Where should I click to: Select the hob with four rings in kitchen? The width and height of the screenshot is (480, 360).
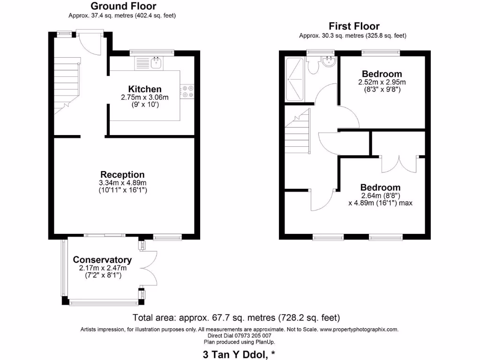[x=188, y=91]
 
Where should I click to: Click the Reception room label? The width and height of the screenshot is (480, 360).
[x=123, y=174]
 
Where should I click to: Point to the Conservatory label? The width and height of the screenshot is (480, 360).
[x=102, y=260]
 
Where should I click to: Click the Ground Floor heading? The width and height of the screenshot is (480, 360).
[x=123, y=6]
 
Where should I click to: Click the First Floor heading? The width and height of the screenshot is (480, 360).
[x=354, y=26]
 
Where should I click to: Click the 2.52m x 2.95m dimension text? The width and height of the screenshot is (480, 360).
[x=382, y=82]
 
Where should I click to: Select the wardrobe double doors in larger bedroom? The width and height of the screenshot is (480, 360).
[x=398, y=163]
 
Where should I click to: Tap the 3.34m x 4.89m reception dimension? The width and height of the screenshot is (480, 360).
[x=123, y=183]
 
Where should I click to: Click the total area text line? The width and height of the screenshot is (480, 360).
[x=236, y=317]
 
